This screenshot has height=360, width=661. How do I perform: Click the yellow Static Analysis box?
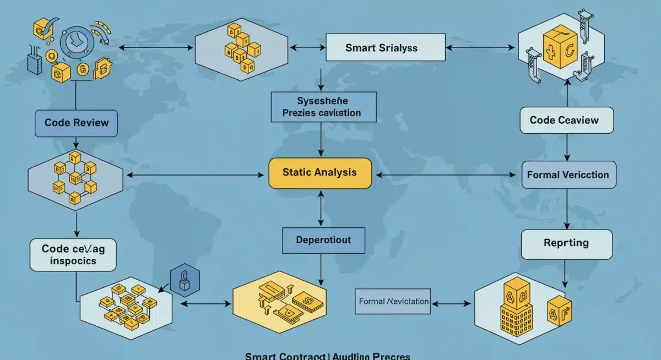(319, 173)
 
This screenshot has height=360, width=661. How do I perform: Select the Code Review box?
(76, 123)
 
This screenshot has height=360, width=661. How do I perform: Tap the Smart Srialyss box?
(385, 48)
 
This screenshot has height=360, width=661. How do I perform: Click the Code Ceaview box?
(567, 120)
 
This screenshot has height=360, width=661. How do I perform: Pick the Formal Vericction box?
(568, 175)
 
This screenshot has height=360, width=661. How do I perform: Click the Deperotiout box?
(323, 241)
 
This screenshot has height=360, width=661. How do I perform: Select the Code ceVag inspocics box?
(73, 255)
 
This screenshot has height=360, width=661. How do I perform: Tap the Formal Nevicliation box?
(393, 302)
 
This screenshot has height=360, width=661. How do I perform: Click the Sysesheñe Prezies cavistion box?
(323, 107)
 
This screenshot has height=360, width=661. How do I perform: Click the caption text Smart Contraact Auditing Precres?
(327, 355)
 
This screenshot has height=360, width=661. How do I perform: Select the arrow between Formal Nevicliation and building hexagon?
(451, 302)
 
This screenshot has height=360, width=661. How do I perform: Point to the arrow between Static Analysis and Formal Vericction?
(446, 175)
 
